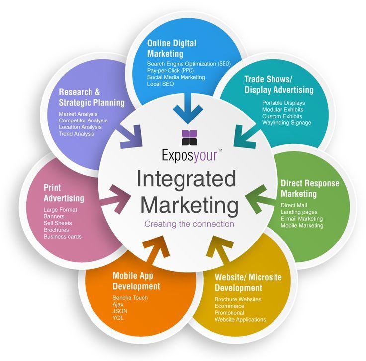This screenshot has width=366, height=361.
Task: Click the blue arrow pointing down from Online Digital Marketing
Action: pos(188,108)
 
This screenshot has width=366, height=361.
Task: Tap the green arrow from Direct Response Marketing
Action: pos(258,199)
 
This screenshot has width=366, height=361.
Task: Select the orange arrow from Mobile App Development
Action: pos(157,250)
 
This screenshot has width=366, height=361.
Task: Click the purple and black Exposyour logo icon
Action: pos(189,138)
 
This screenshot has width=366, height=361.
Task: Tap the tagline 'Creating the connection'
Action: pos(189,224)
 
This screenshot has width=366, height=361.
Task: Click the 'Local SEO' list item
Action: pos(160,84)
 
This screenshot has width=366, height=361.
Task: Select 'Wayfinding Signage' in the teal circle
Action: pos(286,123)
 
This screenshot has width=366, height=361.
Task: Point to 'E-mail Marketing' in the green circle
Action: pos(302,219)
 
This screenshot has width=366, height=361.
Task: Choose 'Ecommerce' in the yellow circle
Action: pos(229,306)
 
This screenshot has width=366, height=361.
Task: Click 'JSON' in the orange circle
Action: pos(120,311)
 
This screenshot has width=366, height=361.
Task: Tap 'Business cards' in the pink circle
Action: pos(62,237)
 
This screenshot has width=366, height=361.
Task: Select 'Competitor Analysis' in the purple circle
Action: pos(83,120)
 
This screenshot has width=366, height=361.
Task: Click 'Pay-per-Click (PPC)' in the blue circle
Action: pos(171,71)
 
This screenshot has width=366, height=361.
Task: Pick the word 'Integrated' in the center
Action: pos(186,179)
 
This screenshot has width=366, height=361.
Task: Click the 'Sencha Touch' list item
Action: pos(130,298)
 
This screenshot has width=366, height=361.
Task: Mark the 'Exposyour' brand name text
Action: pos(189,155)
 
